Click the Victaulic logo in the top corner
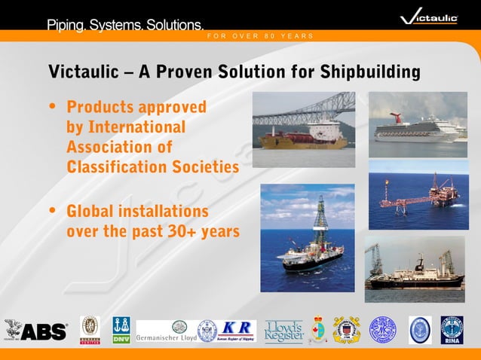click(429, 17)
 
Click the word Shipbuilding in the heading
click(369, 72)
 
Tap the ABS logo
click(36, 331)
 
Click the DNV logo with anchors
click(121, 330)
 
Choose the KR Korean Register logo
click(237, 330)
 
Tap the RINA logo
click(452, 330)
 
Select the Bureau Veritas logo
click(90, 330)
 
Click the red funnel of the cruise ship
click(397, 118)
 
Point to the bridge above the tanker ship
click(305, 109)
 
